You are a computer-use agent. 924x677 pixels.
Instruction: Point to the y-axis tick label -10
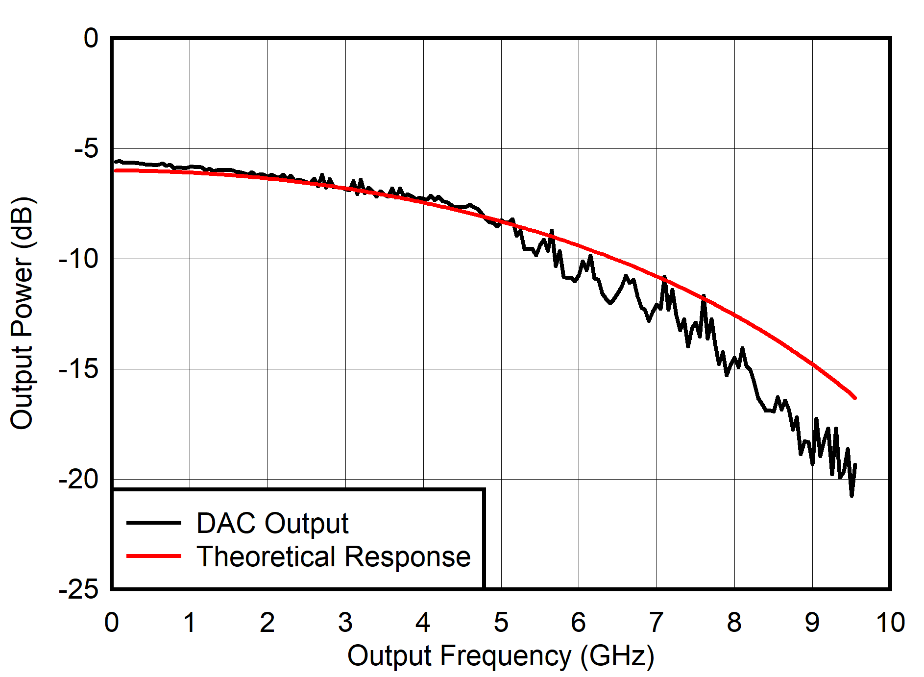coord(78,259)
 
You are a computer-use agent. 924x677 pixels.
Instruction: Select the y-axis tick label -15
coord(78,369)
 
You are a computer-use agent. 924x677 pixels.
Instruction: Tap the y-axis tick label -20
coord(78,479)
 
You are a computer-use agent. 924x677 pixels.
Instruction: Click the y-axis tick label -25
coord(78,589)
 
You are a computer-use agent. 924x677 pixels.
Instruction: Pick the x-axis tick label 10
coord(890,623)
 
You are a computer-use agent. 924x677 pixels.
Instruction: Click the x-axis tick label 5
coord(501,623)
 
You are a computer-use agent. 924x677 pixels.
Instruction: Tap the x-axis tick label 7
coord(657,623)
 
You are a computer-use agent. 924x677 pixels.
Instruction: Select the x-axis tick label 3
coord(345,623)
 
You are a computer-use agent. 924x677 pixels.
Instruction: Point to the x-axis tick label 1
coord(190,623)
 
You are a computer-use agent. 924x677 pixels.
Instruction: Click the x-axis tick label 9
coord(812,623)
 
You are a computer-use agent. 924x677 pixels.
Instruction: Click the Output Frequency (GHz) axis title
coord(501,656)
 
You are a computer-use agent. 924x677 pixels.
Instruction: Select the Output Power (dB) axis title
coord(22,314)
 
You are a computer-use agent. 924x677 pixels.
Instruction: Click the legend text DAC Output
coord(272,523)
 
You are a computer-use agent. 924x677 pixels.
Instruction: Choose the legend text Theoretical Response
coord(334,556)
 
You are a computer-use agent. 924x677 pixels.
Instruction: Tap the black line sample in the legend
coord(154,523)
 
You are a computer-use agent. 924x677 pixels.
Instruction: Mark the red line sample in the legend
coord(154,556)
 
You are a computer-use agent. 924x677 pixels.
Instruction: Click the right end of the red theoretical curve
coord(855,398)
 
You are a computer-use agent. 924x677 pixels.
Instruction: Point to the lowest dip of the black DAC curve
coord(851,496)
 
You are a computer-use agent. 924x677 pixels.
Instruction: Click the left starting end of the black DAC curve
coord(116,162)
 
